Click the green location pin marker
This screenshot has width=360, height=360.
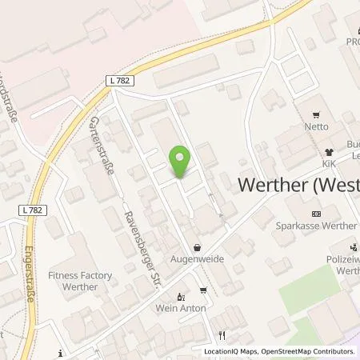click(x=180, y=163)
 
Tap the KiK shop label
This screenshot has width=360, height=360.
click(x=327, y=162)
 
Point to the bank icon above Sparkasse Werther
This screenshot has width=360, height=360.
click(x=315, y=214)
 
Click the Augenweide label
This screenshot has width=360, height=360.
click(x=195, y=260)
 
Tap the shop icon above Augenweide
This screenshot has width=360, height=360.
click(x=196, y=248)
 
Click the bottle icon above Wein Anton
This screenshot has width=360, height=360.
click(x=180, y=296)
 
